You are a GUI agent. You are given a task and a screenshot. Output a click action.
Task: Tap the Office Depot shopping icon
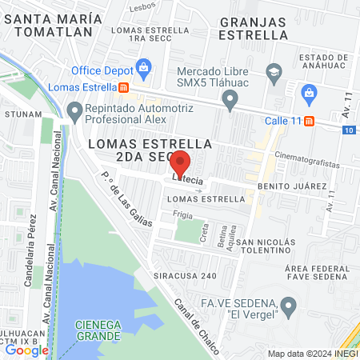coord(144,66)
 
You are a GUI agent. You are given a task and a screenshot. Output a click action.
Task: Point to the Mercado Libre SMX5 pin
coord(230,100)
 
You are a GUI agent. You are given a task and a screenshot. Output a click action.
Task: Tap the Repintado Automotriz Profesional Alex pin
coord(74,111)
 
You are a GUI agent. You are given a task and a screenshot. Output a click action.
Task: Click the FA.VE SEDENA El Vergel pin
coord(290,305)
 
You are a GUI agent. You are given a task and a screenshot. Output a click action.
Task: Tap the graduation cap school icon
coord(274,71)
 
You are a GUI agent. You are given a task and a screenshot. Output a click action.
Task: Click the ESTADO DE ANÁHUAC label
coord(326,63)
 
